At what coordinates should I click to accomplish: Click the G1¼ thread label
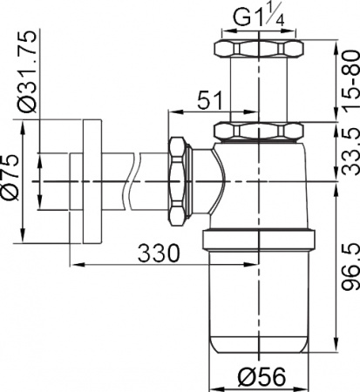258,17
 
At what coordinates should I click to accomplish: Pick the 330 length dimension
160,253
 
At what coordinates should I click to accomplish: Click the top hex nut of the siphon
259,47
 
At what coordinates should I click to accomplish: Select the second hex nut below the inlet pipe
259,132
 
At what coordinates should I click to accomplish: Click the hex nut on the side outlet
177,179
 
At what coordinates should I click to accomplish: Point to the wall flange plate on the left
89,179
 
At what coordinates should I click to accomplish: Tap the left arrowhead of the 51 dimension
171,112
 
